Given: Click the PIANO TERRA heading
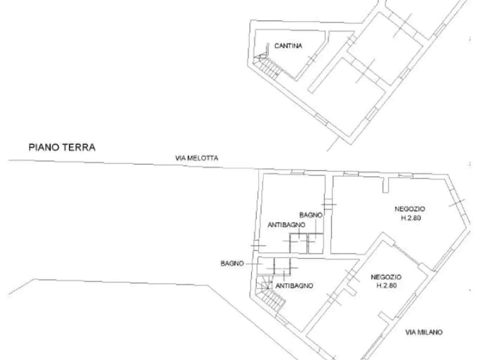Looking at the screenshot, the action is coord(62,147).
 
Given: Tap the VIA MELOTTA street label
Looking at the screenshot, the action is coord(196,158).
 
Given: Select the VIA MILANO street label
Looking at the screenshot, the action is coord(424,332).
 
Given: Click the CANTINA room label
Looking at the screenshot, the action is coord(288,46).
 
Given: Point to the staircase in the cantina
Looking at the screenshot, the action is coord(267,64).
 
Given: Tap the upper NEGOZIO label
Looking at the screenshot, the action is coord(410,209).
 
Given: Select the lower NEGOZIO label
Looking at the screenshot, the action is coord(386,277).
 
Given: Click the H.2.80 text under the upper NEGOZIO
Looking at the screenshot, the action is coord(411,218).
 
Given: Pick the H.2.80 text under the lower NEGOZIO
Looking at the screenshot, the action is coord(387,285).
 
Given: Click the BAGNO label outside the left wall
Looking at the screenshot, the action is coord(232,263).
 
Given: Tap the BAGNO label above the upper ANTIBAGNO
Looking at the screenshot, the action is coord(311,215).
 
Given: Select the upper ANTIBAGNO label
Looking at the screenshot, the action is coord(286,225).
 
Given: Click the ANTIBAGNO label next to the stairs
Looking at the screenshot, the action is coord(294,286).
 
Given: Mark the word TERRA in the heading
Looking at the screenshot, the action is coord(79,147).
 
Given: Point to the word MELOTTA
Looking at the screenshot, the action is coord(203,158).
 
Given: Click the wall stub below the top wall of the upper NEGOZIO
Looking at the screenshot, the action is coord(385,185).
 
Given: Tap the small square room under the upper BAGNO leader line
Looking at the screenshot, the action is coord(315,243).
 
